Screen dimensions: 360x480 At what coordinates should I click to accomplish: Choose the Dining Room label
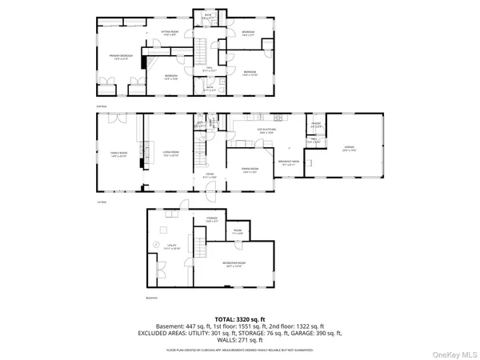click(x=249, y=170)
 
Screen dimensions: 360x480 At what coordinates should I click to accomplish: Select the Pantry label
click(x=316, y=126)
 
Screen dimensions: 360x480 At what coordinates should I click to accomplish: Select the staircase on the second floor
click(x=203, y=50)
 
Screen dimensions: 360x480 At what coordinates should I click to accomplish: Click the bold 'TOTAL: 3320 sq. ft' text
click(x=240, y=319)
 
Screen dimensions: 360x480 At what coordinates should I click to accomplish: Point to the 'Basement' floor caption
click(x=152, y=298)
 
